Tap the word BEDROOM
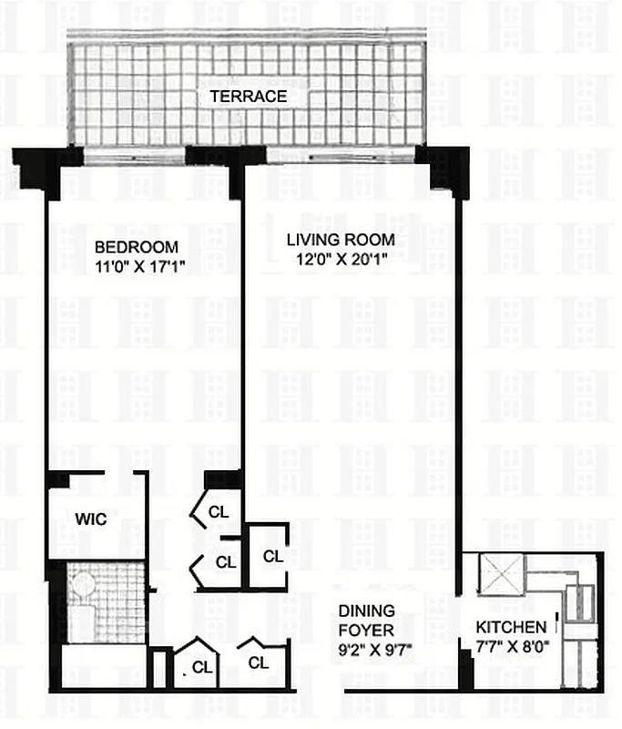click(137, 247)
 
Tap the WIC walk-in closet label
click(91, 519)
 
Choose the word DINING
click(366, 611)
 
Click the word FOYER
click(366, 629)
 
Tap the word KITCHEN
click(511, 627)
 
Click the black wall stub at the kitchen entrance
click(465, 670)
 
